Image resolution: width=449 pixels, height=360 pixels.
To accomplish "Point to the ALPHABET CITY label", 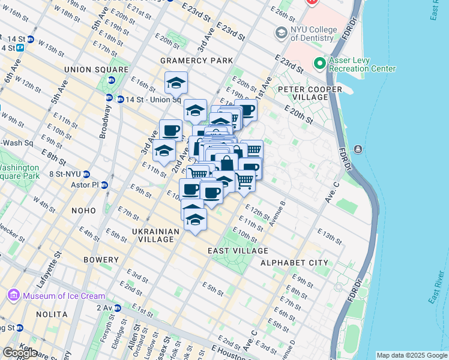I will pos(294,263).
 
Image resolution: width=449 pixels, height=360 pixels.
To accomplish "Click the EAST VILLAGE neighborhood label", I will pos(238,251).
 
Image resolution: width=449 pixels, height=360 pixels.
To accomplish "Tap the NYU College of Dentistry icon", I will pos(280,32).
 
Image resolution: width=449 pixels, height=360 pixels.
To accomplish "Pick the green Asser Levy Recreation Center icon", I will pos(318,63).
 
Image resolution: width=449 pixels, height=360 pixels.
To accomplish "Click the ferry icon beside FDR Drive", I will pos(358,149).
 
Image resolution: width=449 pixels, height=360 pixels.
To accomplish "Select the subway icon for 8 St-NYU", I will pos(86,174).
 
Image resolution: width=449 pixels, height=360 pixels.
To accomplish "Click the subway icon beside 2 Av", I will pos(117,308).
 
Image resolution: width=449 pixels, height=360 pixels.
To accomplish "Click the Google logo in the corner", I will pos(20,353).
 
